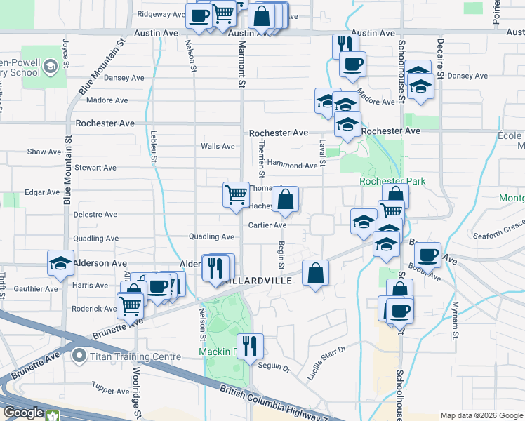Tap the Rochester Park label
point(392,181)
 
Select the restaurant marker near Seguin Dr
point(249,347)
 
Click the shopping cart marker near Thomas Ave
point(236,194)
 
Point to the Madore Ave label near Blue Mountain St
point(107,100)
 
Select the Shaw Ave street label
point(44,152)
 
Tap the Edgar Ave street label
point(42,192)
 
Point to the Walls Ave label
point(218,147)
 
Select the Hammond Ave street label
point(292,166)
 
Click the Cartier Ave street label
point(267,225)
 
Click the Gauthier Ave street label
point(36,288)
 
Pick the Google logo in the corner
point(23,413)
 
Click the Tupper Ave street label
point(107,389)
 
